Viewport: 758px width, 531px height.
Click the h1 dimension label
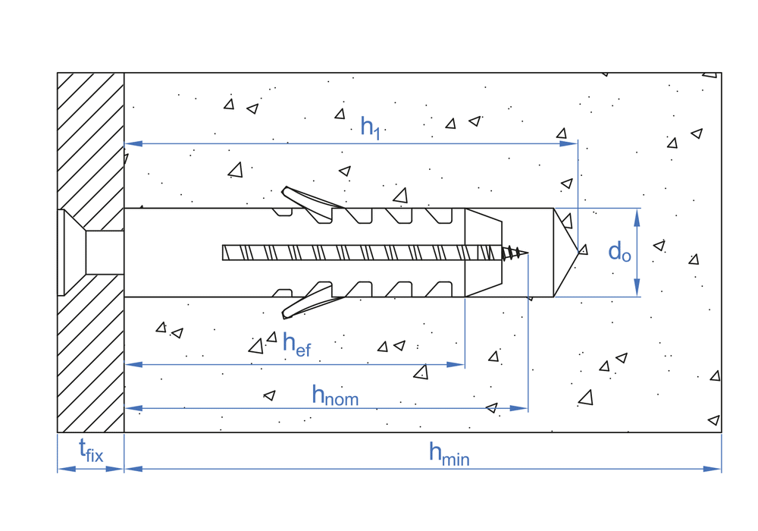coord(370,127)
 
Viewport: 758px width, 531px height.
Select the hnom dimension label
coord(335,395)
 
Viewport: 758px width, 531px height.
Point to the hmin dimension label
coord(449,454)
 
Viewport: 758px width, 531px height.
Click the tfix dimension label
coord(91,453)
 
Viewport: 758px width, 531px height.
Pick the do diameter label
coord(619,252)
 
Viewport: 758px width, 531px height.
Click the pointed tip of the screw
coord(526,253)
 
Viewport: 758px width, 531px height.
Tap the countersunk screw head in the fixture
coord(72,252)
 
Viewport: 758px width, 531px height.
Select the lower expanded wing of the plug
coord(308,301)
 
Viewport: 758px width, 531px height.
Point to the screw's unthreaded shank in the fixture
coord(105,252)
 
